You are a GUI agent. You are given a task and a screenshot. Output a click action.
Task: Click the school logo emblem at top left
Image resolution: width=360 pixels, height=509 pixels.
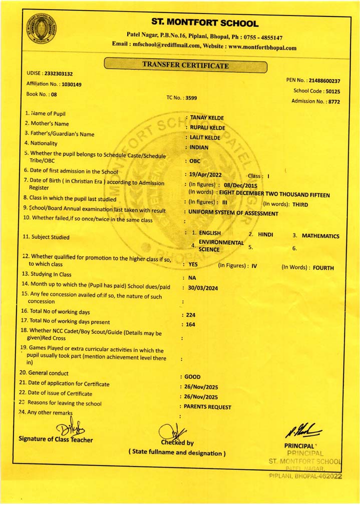(42, 30)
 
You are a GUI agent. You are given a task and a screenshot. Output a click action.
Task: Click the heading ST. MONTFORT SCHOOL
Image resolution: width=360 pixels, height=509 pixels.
(205, 23)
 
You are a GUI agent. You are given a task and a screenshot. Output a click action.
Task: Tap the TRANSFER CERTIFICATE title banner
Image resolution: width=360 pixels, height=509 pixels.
(185, 65)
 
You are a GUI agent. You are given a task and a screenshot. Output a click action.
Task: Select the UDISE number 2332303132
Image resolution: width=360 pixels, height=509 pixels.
(59, 74)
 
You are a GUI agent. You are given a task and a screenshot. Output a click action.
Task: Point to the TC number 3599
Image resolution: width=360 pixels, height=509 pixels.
(191, 98)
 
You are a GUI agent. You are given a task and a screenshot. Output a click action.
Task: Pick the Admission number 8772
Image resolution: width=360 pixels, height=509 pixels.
(333, 102)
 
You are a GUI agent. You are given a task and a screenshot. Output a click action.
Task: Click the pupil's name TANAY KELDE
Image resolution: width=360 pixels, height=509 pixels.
(207, 118)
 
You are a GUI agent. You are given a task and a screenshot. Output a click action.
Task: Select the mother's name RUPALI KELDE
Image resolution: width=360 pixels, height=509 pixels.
(208, 128)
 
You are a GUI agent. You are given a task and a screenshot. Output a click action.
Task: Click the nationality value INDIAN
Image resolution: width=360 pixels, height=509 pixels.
(199, 147)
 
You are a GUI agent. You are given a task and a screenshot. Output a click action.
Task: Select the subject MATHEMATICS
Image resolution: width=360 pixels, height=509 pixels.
(320, 236)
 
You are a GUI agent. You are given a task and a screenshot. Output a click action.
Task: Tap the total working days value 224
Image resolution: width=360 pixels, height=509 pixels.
(190, 315)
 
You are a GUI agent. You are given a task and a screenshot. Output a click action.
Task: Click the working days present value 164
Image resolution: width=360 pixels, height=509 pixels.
(190, 325)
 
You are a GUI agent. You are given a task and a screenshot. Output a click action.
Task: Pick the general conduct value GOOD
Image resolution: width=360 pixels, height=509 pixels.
(192, 376)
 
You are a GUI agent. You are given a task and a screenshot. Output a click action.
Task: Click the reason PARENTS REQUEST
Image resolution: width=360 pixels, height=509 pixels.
(208, 407)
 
